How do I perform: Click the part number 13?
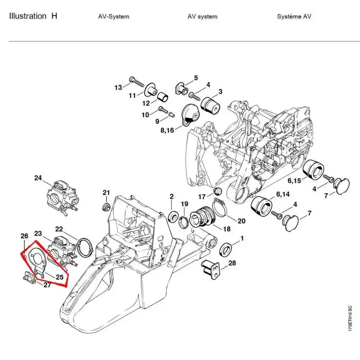(x=118, y=87)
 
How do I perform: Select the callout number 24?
(x=38, y=178)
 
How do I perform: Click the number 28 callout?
(x=232, y=263)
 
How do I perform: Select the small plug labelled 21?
(x=106, y=207)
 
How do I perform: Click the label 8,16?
(x=167, y=130)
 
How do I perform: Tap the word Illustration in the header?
(x=27, y=16)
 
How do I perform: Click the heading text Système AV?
(x=294, y=17)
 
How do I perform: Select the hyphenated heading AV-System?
(x=113, y=17)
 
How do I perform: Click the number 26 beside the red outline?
(x=24, y=237)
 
